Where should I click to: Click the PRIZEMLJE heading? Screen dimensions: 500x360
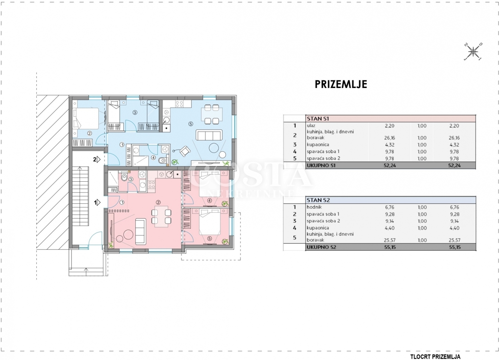click(341, 84)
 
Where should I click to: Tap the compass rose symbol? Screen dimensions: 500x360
click(473, 52)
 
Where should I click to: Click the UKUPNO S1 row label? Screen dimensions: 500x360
click(320, 165)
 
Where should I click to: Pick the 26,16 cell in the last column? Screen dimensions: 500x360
click(454, 138)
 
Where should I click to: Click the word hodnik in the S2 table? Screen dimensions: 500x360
click(314, 207)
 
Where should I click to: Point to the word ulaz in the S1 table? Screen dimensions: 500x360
click(311, 125)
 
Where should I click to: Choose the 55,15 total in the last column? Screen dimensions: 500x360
click(454, 247)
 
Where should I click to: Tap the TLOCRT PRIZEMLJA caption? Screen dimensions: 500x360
click(435, 357)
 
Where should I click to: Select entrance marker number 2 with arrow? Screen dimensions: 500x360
click(97, 160)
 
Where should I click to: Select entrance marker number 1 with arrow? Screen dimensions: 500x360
click(97, 202)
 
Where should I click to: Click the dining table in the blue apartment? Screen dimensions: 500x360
click(212, 115)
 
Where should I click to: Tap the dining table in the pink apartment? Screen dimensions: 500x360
click(161, 217)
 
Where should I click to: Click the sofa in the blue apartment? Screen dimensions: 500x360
click(209, 135)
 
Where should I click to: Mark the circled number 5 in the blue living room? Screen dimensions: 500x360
click(190, 124)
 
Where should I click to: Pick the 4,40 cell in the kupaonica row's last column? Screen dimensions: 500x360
click(454, 228)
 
